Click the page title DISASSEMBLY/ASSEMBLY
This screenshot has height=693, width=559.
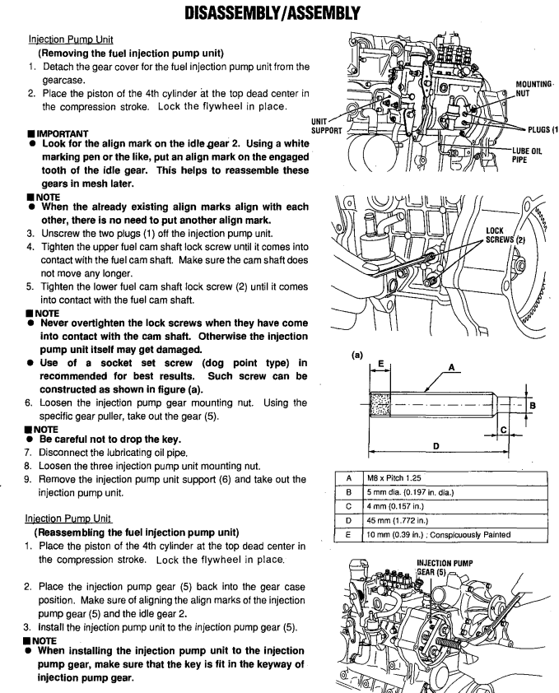pyautogui.click(x=279, y=15)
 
